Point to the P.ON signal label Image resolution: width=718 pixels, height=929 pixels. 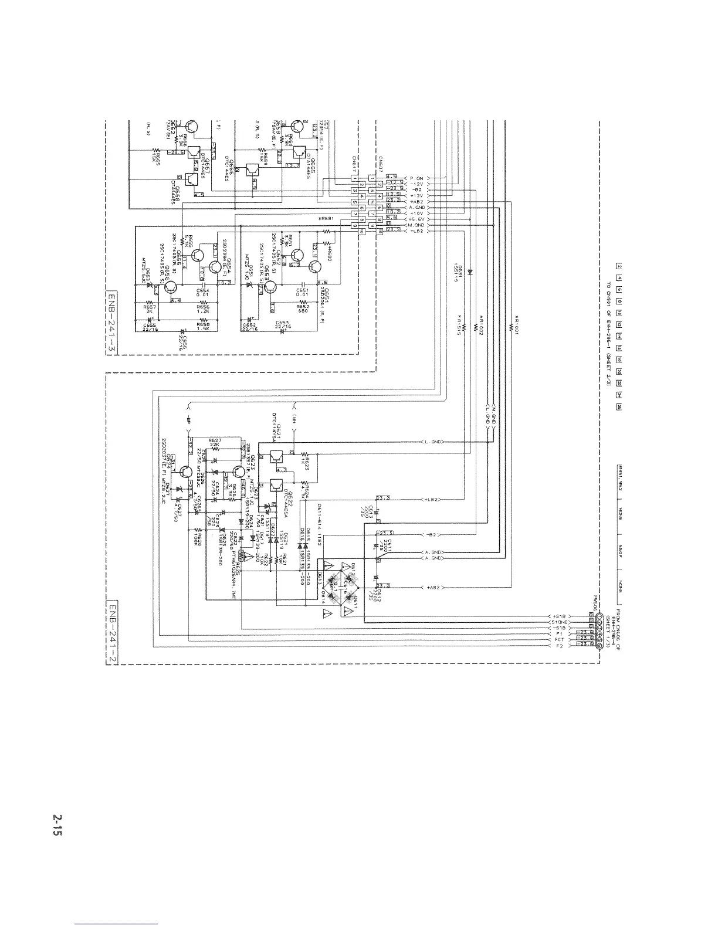coord(417,178)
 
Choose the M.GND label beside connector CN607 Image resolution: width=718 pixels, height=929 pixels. coord(417,225)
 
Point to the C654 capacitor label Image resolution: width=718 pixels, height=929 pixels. coord(202,293)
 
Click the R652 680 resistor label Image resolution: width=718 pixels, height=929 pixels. coord(303,307)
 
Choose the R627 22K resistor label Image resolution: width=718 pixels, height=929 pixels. coord(215,442)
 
